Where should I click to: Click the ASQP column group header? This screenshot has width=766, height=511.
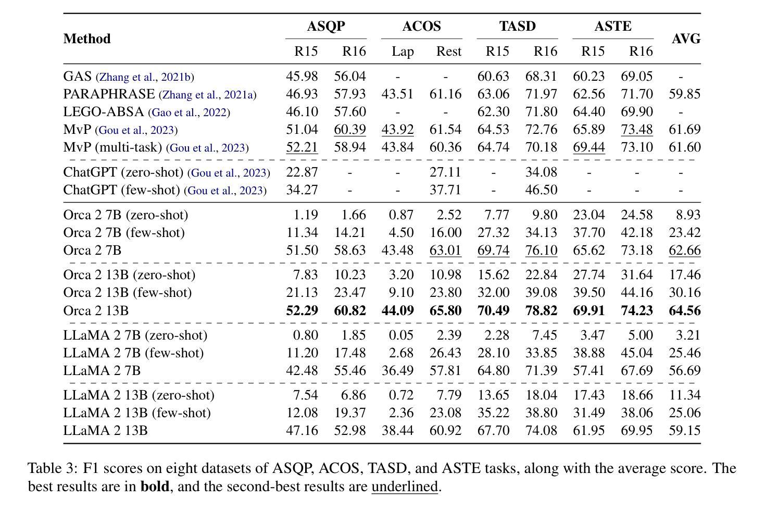pos(326,27)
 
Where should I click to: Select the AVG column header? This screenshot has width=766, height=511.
pos(686,39)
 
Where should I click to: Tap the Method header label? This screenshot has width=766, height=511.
pos(87,39)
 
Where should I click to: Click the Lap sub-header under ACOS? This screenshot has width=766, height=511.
pos(403,52)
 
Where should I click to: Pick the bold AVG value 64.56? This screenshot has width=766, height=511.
pos(685,310)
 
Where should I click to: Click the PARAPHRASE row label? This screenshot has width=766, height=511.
pos(109,94)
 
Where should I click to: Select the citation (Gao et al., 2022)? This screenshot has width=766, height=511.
pos(189,112)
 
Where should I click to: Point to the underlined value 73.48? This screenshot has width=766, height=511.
pos(637,129)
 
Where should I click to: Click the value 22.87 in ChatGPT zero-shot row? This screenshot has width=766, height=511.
pos(302,172)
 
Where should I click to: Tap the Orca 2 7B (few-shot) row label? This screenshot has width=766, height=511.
pos(124,233)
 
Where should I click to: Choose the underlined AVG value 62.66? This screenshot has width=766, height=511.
pos(685,251)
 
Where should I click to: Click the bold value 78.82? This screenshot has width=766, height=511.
pos(541,310)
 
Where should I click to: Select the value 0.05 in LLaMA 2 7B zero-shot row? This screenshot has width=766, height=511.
pos(401,335)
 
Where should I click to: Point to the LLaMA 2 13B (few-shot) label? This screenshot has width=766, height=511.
pos(137,413)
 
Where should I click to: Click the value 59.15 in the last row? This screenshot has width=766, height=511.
pos(685,430)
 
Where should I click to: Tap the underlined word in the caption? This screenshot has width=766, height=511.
pos(405,487)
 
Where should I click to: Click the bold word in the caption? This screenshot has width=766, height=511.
pos(155,487)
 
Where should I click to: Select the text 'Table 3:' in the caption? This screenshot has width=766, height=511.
pos(53,468)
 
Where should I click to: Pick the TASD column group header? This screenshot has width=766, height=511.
pos(518,27)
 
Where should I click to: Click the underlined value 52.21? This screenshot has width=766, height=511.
pos(302,147)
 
